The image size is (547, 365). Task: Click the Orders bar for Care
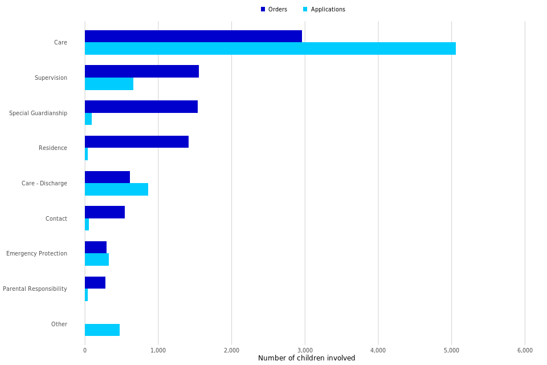point(193,36)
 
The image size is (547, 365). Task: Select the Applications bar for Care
point(270,48)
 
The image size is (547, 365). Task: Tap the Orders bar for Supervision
point(142,71)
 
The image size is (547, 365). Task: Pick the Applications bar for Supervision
point(109,84)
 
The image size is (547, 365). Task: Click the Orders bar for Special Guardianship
point(141,107)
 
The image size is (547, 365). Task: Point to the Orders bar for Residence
point(137,142)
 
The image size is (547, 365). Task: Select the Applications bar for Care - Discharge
point(116,189)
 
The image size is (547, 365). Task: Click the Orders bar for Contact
point(105,212)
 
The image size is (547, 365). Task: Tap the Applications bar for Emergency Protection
point(97,259)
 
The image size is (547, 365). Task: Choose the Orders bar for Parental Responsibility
point(95,283)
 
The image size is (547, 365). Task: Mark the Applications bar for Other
point(102,330)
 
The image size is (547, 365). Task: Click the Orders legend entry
point(274,10)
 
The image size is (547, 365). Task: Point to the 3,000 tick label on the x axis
point(305,350)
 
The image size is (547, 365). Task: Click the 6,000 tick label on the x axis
point(525,350)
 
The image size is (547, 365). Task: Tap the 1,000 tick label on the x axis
point(158,350)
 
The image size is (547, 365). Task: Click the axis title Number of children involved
point(307,358)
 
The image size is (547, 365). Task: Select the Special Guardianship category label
point(38,113)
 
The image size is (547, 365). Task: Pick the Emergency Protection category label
point(36,254)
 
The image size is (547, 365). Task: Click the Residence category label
point(53,148)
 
